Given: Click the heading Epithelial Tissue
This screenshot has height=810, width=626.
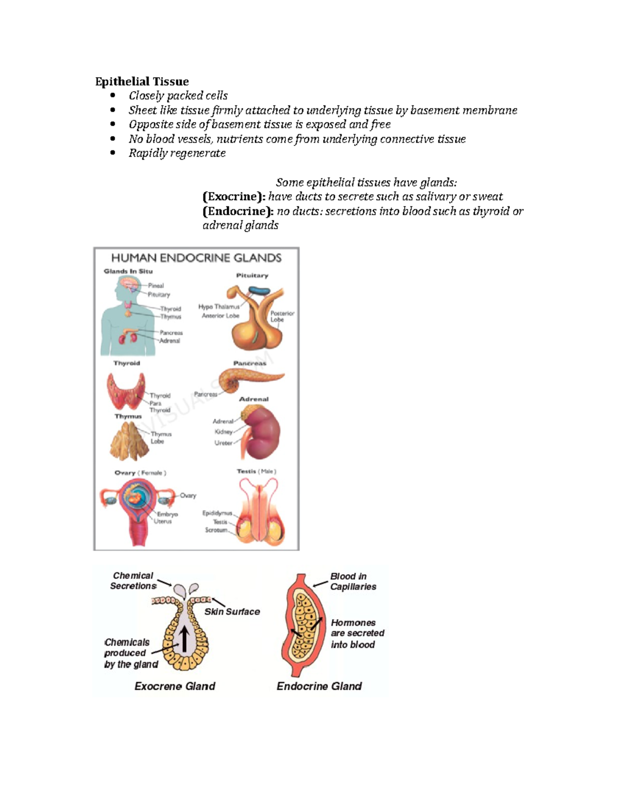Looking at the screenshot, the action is tap(142, 81).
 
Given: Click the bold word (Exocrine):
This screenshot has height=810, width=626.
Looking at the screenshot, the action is tap(234, 197).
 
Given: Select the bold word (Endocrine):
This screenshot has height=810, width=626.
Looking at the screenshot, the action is tap(237, 211).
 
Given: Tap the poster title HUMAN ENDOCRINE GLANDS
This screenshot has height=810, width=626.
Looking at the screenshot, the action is tap(196, 258).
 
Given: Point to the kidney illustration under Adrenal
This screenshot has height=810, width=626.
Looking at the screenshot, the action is tap(263, 433).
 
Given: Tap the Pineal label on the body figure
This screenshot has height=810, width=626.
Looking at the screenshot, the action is tap(156, 286).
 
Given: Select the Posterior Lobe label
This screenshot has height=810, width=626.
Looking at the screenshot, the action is tap(282, 317).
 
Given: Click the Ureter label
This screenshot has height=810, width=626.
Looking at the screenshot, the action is tap(223, 443).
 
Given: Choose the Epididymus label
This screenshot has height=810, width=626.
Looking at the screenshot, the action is tap(217, 513).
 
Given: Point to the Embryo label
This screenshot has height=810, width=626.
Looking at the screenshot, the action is tap(167, 514).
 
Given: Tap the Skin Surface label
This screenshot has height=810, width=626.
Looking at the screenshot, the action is tap(232, 612).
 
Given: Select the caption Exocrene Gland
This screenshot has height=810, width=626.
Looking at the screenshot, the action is tap(175, 686).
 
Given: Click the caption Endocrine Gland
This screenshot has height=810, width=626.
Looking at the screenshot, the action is tap(319, 686).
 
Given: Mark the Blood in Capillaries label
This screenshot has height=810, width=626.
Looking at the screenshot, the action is tap(353, 582).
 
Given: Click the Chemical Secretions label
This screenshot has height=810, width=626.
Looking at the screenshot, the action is tap(133, 581).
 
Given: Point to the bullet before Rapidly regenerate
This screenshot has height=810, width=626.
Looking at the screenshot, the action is tap(113, 153).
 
